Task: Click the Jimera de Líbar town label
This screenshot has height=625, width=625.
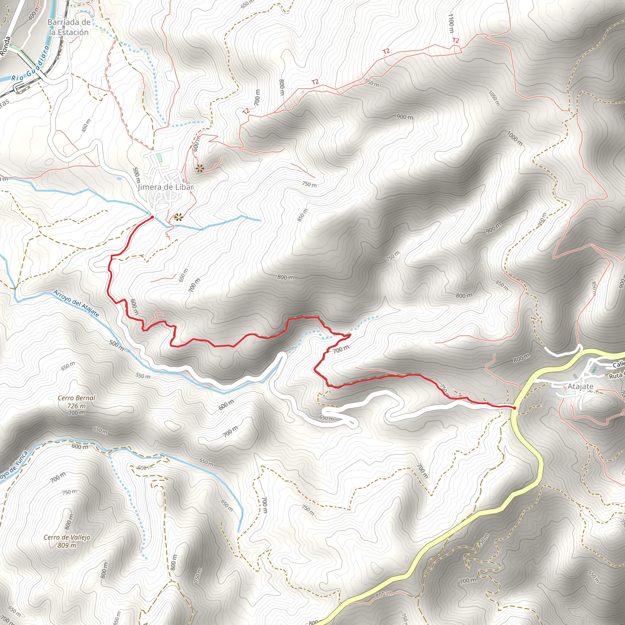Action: (x=166, y=187)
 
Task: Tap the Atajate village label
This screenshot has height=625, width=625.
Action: (x=580, y=387)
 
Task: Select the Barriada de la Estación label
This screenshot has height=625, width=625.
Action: (x=69, y=27)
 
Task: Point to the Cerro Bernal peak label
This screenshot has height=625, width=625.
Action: (x=77, y=398)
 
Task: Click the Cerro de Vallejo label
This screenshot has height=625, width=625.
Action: (x=67, y=537)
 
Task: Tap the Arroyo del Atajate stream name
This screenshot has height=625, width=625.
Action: (x=76, y=303)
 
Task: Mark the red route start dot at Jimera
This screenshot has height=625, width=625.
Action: (x=152, y=217)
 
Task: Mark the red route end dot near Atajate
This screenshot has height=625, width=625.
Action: (x=514, y=408)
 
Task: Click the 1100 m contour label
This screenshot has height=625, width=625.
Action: (x=451, y=23)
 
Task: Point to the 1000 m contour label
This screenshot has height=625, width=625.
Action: (x=514, y=138)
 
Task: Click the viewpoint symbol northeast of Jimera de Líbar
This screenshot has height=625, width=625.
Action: (x=200, y=168)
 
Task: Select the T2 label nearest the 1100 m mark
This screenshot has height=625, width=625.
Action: (x=456, y=41)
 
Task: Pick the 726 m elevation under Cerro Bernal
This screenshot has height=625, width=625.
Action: (x=77, y=406)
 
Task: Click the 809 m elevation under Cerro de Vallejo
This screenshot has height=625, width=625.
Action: (x=67, y=545)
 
